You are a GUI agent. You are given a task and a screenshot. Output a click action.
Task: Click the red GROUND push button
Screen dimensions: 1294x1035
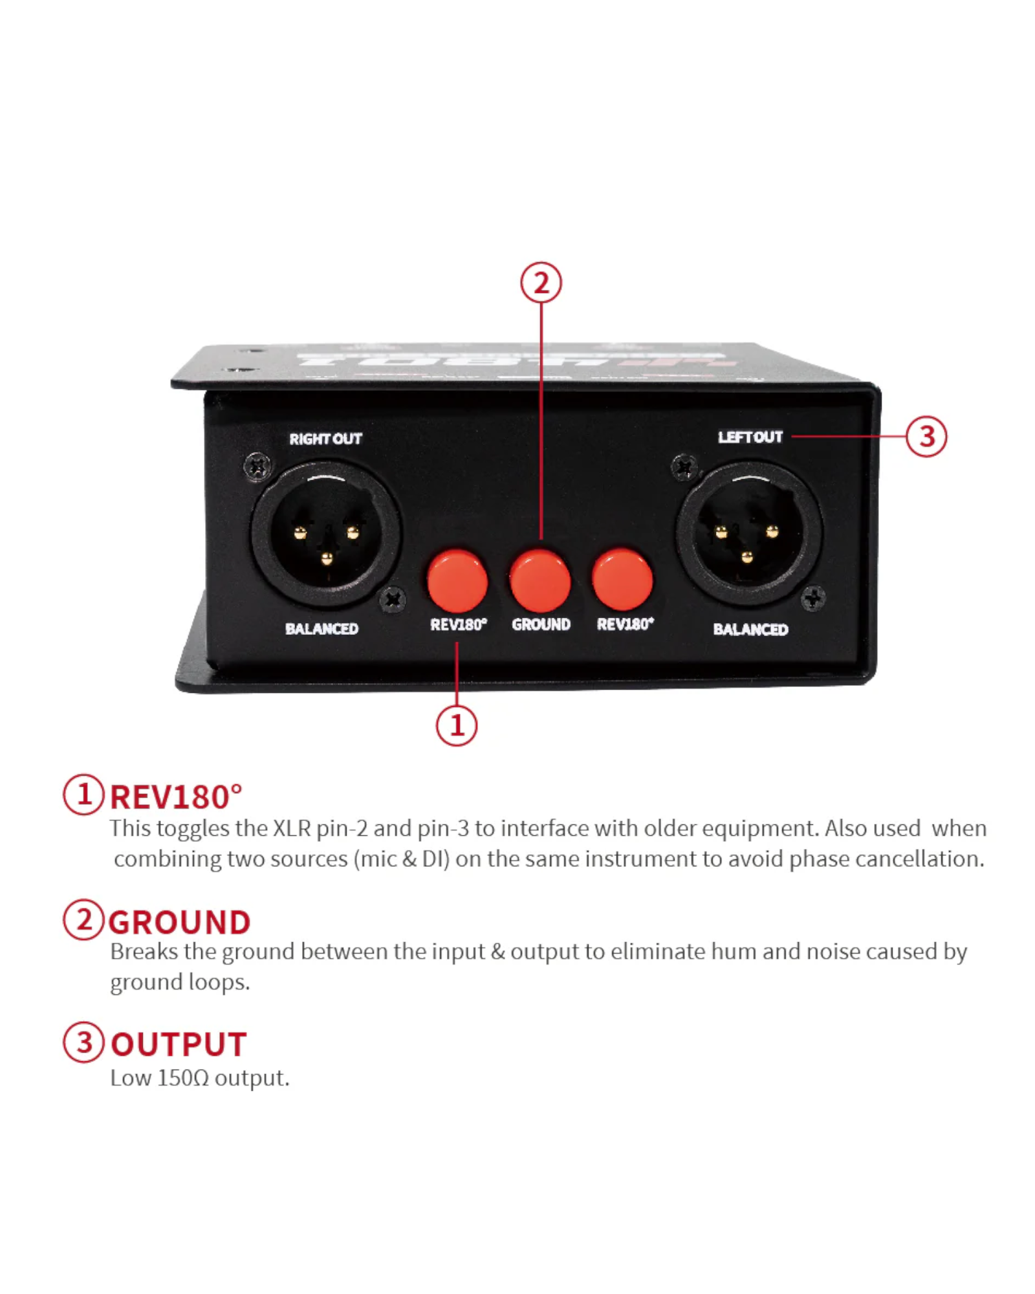click(x=539, y=580)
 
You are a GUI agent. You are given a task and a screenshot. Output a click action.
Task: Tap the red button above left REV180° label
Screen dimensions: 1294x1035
click(x=457, y=580)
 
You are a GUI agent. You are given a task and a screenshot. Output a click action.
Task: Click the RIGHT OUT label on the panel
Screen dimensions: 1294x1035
click(x=325, y=439)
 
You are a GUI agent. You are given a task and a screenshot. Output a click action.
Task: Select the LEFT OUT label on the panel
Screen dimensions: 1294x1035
click(x=750, y=437)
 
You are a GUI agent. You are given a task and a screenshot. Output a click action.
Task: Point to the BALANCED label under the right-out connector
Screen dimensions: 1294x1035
click(x=321, y=628)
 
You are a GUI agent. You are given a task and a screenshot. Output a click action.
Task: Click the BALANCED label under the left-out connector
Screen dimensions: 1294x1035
click(x=750, y=629)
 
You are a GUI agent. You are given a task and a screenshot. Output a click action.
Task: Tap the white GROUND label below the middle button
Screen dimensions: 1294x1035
click(x=541, y=624)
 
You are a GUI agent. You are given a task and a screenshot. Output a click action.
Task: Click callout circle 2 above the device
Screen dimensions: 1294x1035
click(x=541, y=283)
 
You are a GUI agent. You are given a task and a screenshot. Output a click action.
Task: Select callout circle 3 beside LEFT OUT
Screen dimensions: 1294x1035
click(x=926, y=437)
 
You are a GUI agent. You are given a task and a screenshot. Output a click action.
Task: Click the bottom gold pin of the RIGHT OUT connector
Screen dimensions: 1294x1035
click(x=327, y=558)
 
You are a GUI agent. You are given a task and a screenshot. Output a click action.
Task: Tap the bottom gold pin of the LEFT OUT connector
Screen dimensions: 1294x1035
click(x=747, y=556)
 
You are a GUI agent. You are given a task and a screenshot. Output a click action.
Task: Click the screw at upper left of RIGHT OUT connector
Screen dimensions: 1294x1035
click(x=257, y=466)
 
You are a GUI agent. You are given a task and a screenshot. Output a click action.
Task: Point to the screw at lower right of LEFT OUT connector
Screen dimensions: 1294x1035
click(x=812, y=598)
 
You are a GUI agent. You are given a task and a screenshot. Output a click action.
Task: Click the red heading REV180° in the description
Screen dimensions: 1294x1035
click(x=176, y=796)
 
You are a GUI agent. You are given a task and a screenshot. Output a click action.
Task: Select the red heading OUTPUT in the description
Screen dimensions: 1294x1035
click(x=179, y=1044)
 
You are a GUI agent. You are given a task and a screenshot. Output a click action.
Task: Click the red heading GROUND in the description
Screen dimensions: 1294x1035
click(x=179, y=921)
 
